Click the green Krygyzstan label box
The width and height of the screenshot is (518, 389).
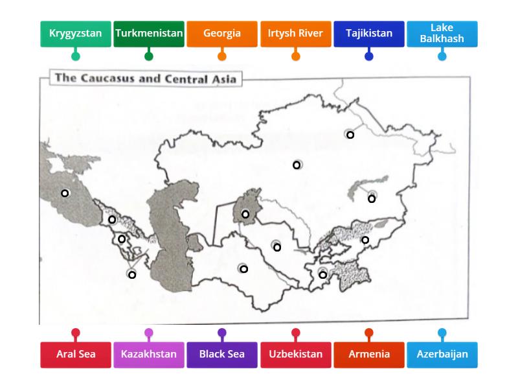click(x=75, y=34)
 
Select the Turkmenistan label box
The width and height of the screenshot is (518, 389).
click(x=149, y=34)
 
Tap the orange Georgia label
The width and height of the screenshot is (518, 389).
click(x=222, y=34)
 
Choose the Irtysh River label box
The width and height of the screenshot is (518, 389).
click(x=295, y=34)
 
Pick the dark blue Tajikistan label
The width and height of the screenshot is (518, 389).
click(x=369, y=34)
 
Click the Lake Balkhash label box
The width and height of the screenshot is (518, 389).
click(x=442, y=34)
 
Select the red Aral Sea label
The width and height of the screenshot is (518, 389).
click(x=76, y=355)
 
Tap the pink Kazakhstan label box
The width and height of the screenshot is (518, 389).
click(x=149, y=355)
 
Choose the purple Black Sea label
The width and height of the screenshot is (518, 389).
click(x=222, y=355)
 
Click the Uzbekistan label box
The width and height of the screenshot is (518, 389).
click(x=295, y=355)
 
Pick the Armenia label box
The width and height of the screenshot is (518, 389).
click(x=369, y=355)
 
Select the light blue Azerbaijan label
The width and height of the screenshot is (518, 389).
click(x=442, y=355)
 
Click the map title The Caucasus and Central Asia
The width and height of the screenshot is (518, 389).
click(x=146, y=79)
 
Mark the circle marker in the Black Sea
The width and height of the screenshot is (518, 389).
click(x=65, y=193)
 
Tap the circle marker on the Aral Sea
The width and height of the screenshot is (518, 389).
click(x=245, y=214)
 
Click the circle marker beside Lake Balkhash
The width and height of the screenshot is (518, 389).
click(x=372, y=198)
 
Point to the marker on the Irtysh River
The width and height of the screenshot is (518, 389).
click(x=350, y=135)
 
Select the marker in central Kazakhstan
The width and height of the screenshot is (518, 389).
click(x=297, y=165)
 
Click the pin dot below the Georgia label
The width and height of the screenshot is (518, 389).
click(x=222, y=56)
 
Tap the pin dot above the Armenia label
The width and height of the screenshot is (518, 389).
click(x=369, y=333)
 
